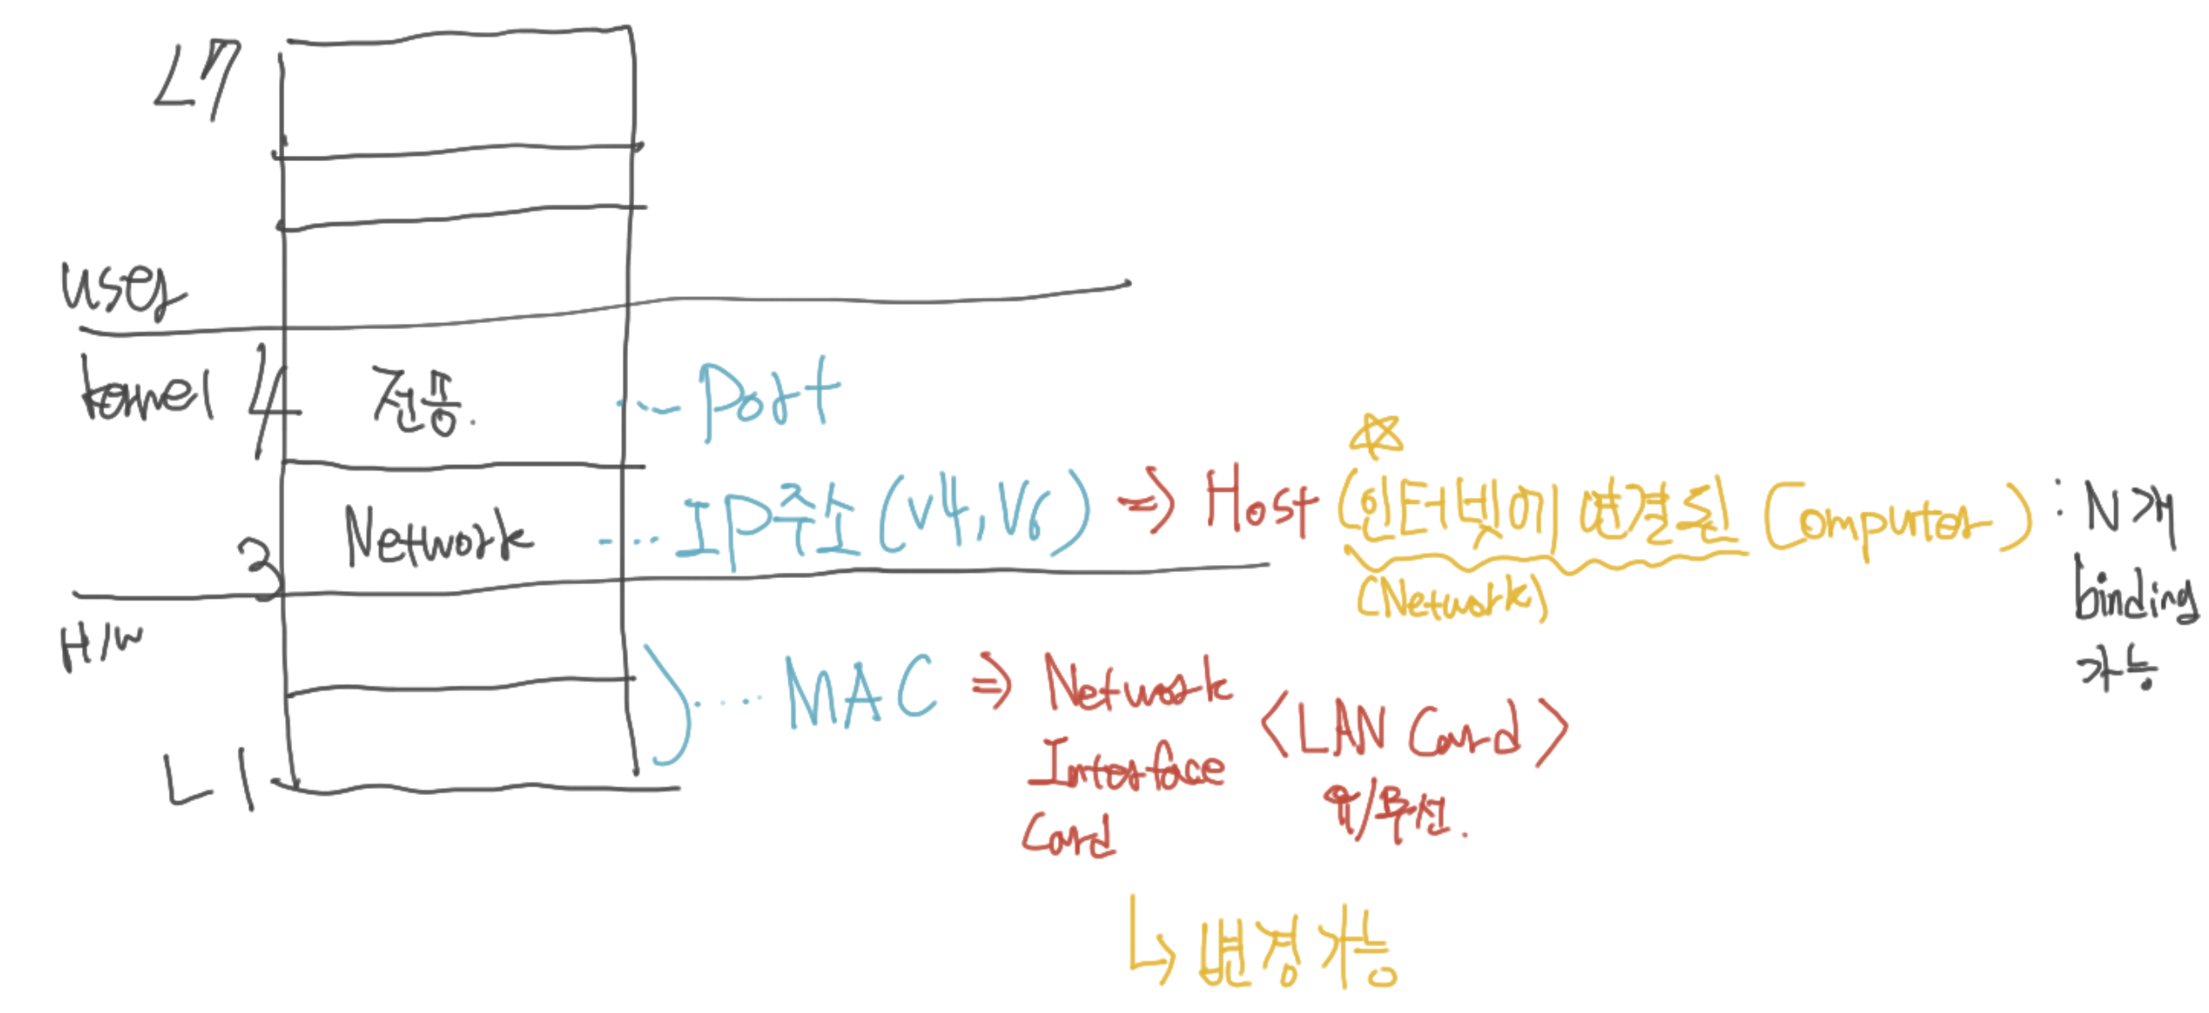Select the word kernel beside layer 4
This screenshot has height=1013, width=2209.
(146, 392)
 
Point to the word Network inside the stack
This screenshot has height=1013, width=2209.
(438, 536)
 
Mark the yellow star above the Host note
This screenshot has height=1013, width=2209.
(1377, 435)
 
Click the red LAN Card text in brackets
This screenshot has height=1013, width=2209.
(1413, 730)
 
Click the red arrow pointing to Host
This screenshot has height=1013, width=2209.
(1146, 504)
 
